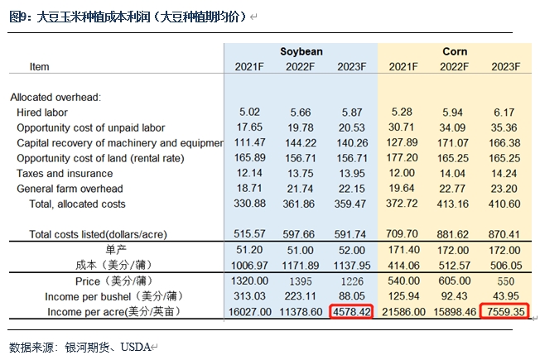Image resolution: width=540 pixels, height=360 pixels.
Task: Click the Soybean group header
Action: [x=301, y=51]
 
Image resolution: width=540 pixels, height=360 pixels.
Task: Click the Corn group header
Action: [x=455, y=51]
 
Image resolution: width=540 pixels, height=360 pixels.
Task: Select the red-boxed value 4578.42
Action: [x=351, y=312]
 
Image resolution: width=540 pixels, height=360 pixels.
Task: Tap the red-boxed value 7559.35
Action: [x=505, y=312]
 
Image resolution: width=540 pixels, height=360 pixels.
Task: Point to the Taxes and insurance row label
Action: [x=65, y=174]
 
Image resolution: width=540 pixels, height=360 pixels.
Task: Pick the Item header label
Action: [x=39, y=67]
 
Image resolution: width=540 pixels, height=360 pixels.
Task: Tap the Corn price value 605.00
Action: [x=456, y=281]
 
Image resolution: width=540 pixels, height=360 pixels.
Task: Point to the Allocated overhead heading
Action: [x=55, y=97]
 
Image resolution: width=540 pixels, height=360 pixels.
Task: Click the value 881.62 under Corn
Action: [x=456, y=235]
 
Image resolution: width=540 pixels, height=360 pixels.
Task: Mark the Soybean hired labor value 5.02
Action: [x=252, y=113]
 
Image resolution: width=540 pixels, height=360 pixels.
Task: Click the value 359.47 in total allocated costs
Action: [x=351, y=204]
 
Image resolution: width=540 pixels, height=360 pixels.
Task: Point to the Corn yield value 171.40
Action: [x=405, y=250]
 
